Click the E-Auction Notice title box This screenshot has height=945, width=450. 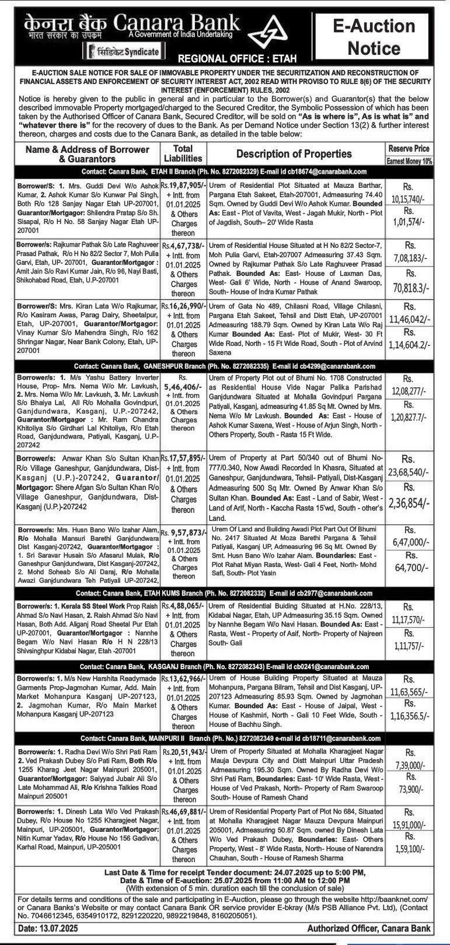[382, 36]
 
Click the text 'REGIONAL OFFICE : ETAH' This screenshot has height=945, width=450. [237, 58]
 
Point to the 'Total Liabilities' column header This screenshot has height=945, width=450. [183, 153]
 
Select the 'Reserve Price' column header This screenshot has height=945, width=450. [409, 149]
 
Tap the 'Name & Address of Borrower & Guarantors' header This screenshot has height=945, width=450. [88, 153]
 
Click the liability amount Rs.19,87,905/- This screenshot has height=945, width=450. [183, 184]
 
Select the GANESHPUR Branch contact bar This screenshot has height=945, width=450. [225, 366]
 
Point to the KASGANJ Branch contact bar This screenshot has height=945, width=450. [225, 666]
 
